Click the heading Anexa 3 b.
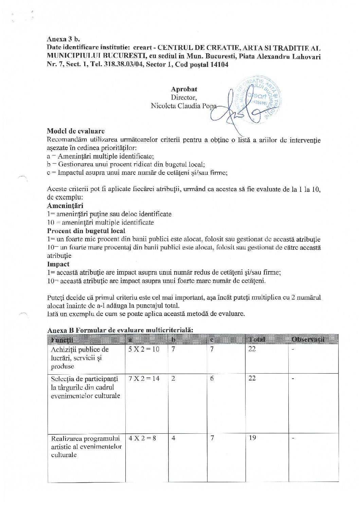63,39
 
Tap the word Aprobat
184,89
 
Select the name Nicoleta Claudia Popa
183,106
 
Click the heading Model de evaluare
76,131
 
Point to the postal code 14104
219,64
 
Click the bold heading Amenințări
65,206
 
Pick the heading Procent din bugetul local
86,231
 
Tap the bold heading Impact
58,264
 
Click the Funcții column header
62,339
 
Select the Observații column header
308,339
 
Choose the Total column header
257,339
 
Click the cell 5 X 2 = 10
144,349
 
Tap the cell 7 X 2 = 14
144,378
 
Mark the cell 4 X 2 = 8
142,438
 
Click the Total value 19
252,438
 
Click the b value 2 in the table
173,378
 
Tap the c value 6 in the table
212,378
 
